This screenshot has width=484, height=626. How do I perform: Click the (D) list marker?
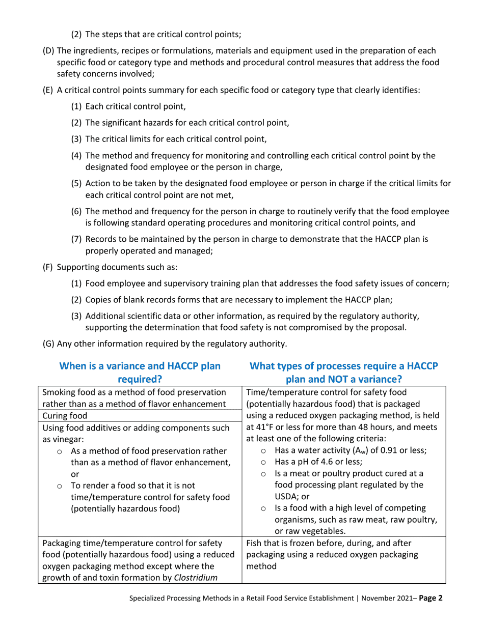click(x=48, y=51)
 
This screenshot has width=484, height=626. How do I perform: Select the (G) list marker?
click(x=48, y=344)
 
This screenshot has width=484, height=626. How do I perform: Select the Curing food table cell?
click(x=65, y=416)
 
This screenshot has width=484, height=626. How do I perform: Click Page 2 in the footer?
click(x=431, y=599)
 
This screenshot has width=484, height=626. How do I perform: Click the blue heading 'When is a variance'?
click(x=140, y=366)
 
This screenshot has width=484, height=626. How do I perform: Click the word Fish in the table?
click(x=254, y=543)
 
